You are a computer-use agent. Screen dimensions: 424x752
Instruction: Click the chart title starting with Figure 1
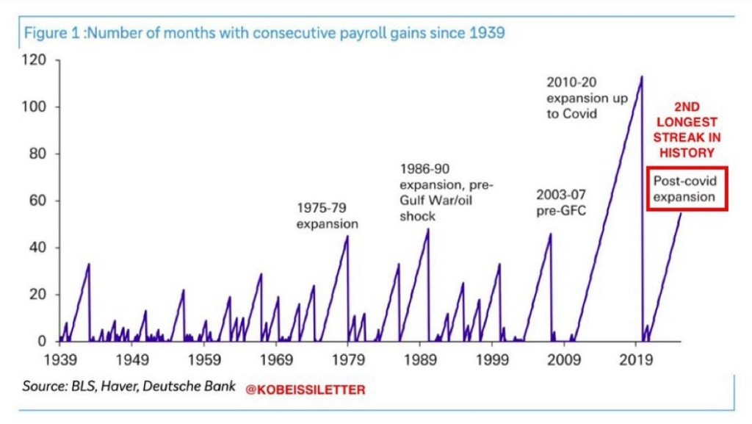264,33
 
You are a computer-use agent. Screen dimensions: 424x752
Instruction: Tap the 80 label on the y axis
37,154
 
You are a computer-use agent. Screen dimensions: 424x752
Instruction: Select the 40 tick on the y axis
37,248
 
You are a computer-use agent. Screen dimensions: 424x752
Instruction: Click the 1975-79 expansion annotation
328,215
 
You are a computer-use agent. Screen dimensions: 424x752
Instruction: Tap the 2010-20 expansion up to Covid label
587,98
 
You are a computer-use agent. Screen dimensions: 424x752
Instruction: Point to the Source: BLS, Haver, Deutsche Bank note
129,386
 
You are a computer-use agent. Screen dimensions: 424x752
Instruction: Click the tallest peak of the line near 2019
642,76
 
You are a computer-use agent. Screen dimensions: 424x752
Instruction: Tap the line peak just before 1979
347,236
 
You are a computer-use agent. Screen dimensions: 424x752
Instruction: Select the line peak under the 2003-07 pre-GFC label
550,234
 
